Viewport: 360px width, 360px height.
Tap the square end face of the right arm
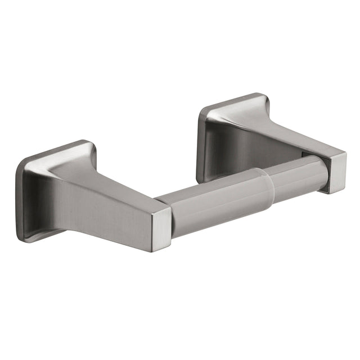339,171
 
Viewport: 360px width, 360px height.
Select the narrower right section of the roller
298,174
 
